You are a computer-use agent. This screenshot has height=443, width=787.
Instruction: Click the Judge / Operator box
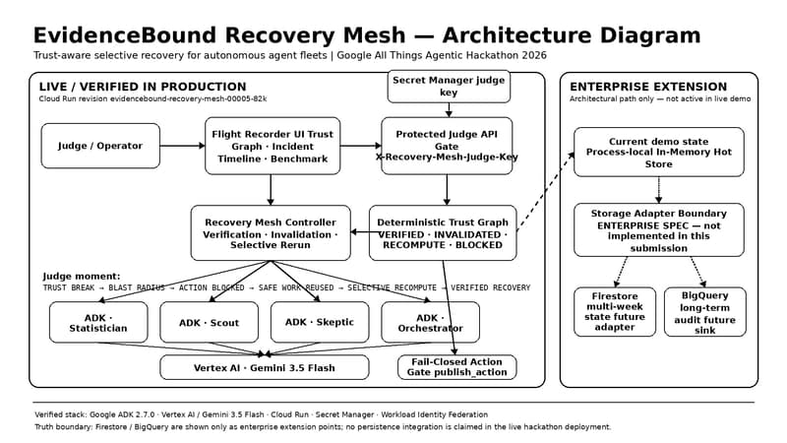click(x=100, y=146)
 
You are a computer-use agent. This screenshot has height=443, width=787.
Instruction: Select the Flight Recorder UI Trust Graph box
click(x=272, y=146)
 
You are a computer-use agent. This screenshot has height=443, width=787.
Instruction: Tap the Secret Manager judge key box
click(x=449, y=87)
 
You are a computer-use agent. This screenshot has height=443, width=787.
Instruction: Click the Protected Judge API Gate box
click(x=447, y=146)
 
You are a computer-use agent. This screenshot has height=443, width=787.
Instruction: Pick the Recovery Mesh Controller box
click(x=271, y=233)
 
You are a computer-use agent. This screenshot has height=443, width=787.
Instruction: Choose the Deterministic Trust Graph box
click(x=443, y=233)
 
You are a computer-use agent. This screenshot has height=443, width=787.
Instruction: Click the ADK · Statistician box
click(x=98, y=323)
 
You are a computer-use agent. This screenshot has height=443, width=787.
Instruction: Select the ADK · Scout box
click(x=210, y=323)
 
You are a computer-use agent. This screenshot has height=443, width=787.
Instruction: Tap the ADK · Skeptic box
click(x=320, y=323)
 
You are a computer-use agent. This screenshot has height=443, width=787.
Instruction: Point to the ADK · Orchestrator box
click(x=430, y=323)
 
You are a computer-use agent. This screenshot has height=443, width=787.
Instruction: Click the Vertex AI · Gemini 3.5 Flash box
click(x=265, y=367)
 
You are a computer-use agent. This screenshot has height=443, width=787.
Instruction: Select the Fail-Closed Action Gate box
click(x=456, y=367)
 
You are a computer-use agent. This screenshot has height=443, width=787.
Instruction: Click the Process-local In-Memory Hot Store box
click(x=659, y=153)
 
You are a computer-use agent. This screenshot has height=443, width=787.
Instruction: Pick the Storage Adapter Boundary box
click(x=659, y=230)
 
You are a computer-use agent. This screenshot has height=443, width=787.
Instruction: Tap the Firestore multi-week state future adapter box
click(x=615, y=312)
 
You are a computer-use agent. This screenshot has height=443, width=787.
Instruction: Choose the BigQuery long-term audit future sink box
click(x=705, y=312)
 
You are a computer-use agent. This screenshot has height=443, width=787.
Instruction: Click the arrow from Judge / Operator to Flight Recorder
click(x=183, y=146)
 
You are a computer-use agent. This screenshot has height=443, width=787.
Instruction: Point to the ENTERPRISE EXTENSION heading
click(x=648, y=87)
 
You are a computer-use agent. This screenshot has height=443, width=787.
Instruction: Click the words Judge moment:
click(x=82, y=277)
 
